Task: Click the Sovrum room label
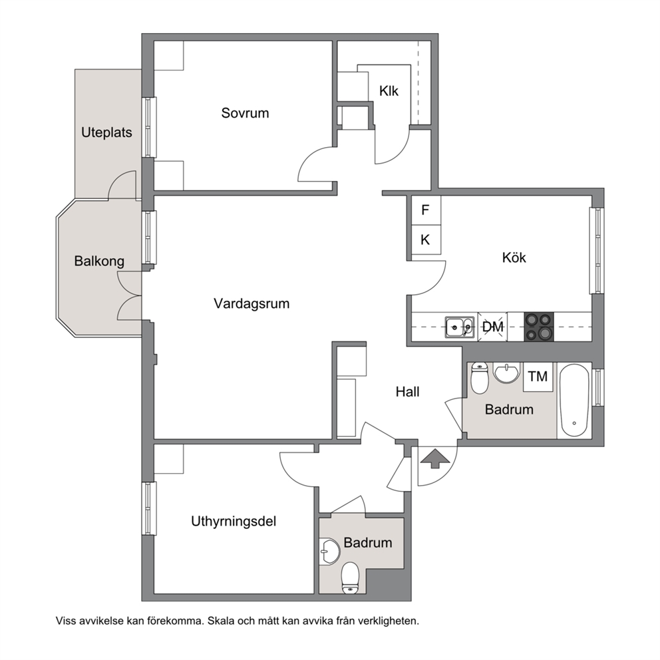pyautogui.click(x=245, y=113)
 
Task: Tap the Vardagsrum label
pyautogui.click(x=251, y=303)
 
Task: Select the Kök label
pyautogui.click(x=514, y=257)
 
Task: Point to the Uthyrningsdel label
pyautogui.click(x=234, y=522)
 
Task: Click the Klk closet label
pyautogui.click(x=389, y=91)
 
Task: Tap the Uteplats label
pyautogui.click(x=106, y=132)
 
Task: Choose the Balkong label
pyautogui.click(x=99, y=261)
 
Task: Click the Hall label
pyautogui.click(x=407, y=392)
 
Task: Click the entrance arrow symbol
pyautogui.click(x=435, y=458)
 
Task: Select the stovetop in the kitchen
pyautogui.click(x=539, y=327)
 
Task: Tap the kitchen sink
pyautogui.click(x=460, y=327)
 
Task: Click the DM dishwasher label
pyautogui.click(x=492, y=327)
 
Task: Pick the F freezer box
pyautogui.click(x=426, y=210)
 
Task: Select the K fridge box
pyautogui.click(x=426, y=240)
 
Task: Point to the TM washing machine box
pyautogui.click(x=538, y=377)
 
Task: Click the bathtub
pyautogui.click(x=574, y=401)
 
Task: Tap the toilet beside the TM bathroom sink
pyautogui.click(x=480, y=378)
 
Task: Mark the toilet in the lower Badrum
pyautogui.click(x=350, y=578)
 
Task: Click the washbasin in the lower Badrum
pyautogui.click(x=329, y=551)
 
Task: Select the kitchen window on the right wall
pyautogui.click(x=597, y=251)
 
